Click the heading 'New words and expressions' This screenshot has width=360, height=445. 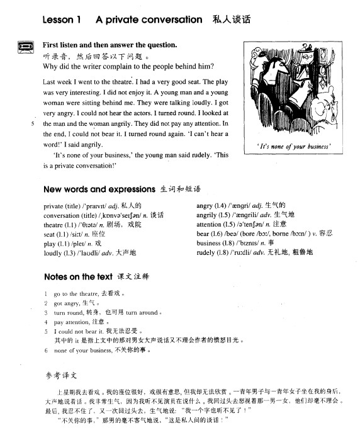[x=99, y=189]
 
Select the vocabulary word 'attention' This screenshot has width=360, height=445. [x=209, y=223]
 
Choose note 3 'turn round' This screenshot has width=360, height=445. [x=69, y=312]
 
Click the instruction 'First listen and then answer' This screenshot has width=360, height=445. [x=110, y=45]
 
